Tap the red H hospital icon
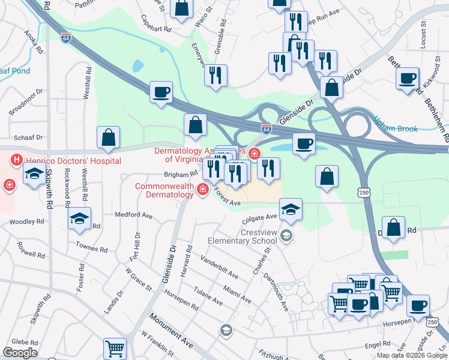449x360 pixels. [16, 160]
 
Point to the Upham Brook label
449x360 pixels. [396, 121]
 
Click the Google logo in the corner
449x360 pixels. [20, 353]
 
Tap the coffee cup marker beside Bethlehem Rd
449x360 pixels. [408, 79]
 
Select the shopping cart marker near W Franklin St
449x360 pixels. [115, 347]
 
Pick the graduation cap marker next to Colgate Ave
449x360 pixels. [291, 209]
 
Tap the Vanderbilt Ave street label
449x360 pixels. [219, 268]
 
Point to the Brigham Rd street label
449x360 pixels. [181, 175]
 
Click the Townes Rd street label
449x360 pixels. [91, 247]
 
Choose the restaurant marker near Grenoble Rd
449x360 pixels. [215, 75]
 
